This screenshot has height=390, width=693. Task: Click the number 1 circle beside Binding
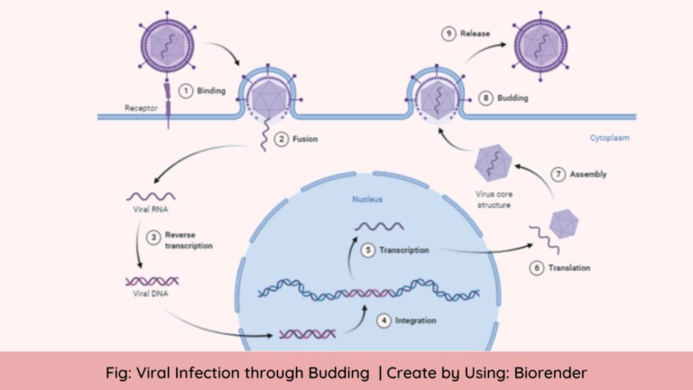click(185, 90)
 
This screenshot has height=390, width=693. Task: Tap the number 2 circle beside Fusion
click(282, 139)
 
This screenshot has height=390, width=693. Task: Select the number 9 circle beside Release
click(448, 34)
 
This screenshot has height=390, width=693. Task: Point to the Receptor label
click(140, 108)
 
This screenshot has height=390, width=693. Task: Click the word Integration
click(416, 320)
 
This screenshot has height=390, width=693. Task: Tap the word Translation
click(568, 268)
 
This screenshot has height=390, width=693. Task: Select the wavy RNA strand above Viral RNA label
click(150, 195)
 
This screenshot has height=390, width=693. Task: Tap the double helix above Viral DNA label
click(151, 281)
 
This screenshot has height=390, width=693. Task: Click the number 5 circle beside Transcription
click(367, 249)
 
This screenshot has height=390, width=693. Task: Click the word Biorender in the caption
click(550, 372)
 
